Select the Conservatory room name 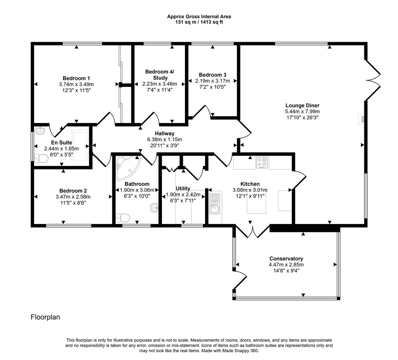pyautogui.click(x=286, y=259)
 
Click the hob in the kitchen pyautogui.click(x=262, y=163)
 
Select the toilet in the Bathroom pyautogui.click(x=123, y=218)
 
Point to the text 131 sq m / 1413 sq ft pyautogui.click(x=199, y=22)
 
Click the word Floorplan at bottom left pyautogui.click(x=45, y=317)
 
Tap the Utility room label pyautogui.click(x=183, y=189)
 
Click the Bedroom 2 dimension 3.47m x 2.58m pyautogui.click(x=73, y=197)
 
